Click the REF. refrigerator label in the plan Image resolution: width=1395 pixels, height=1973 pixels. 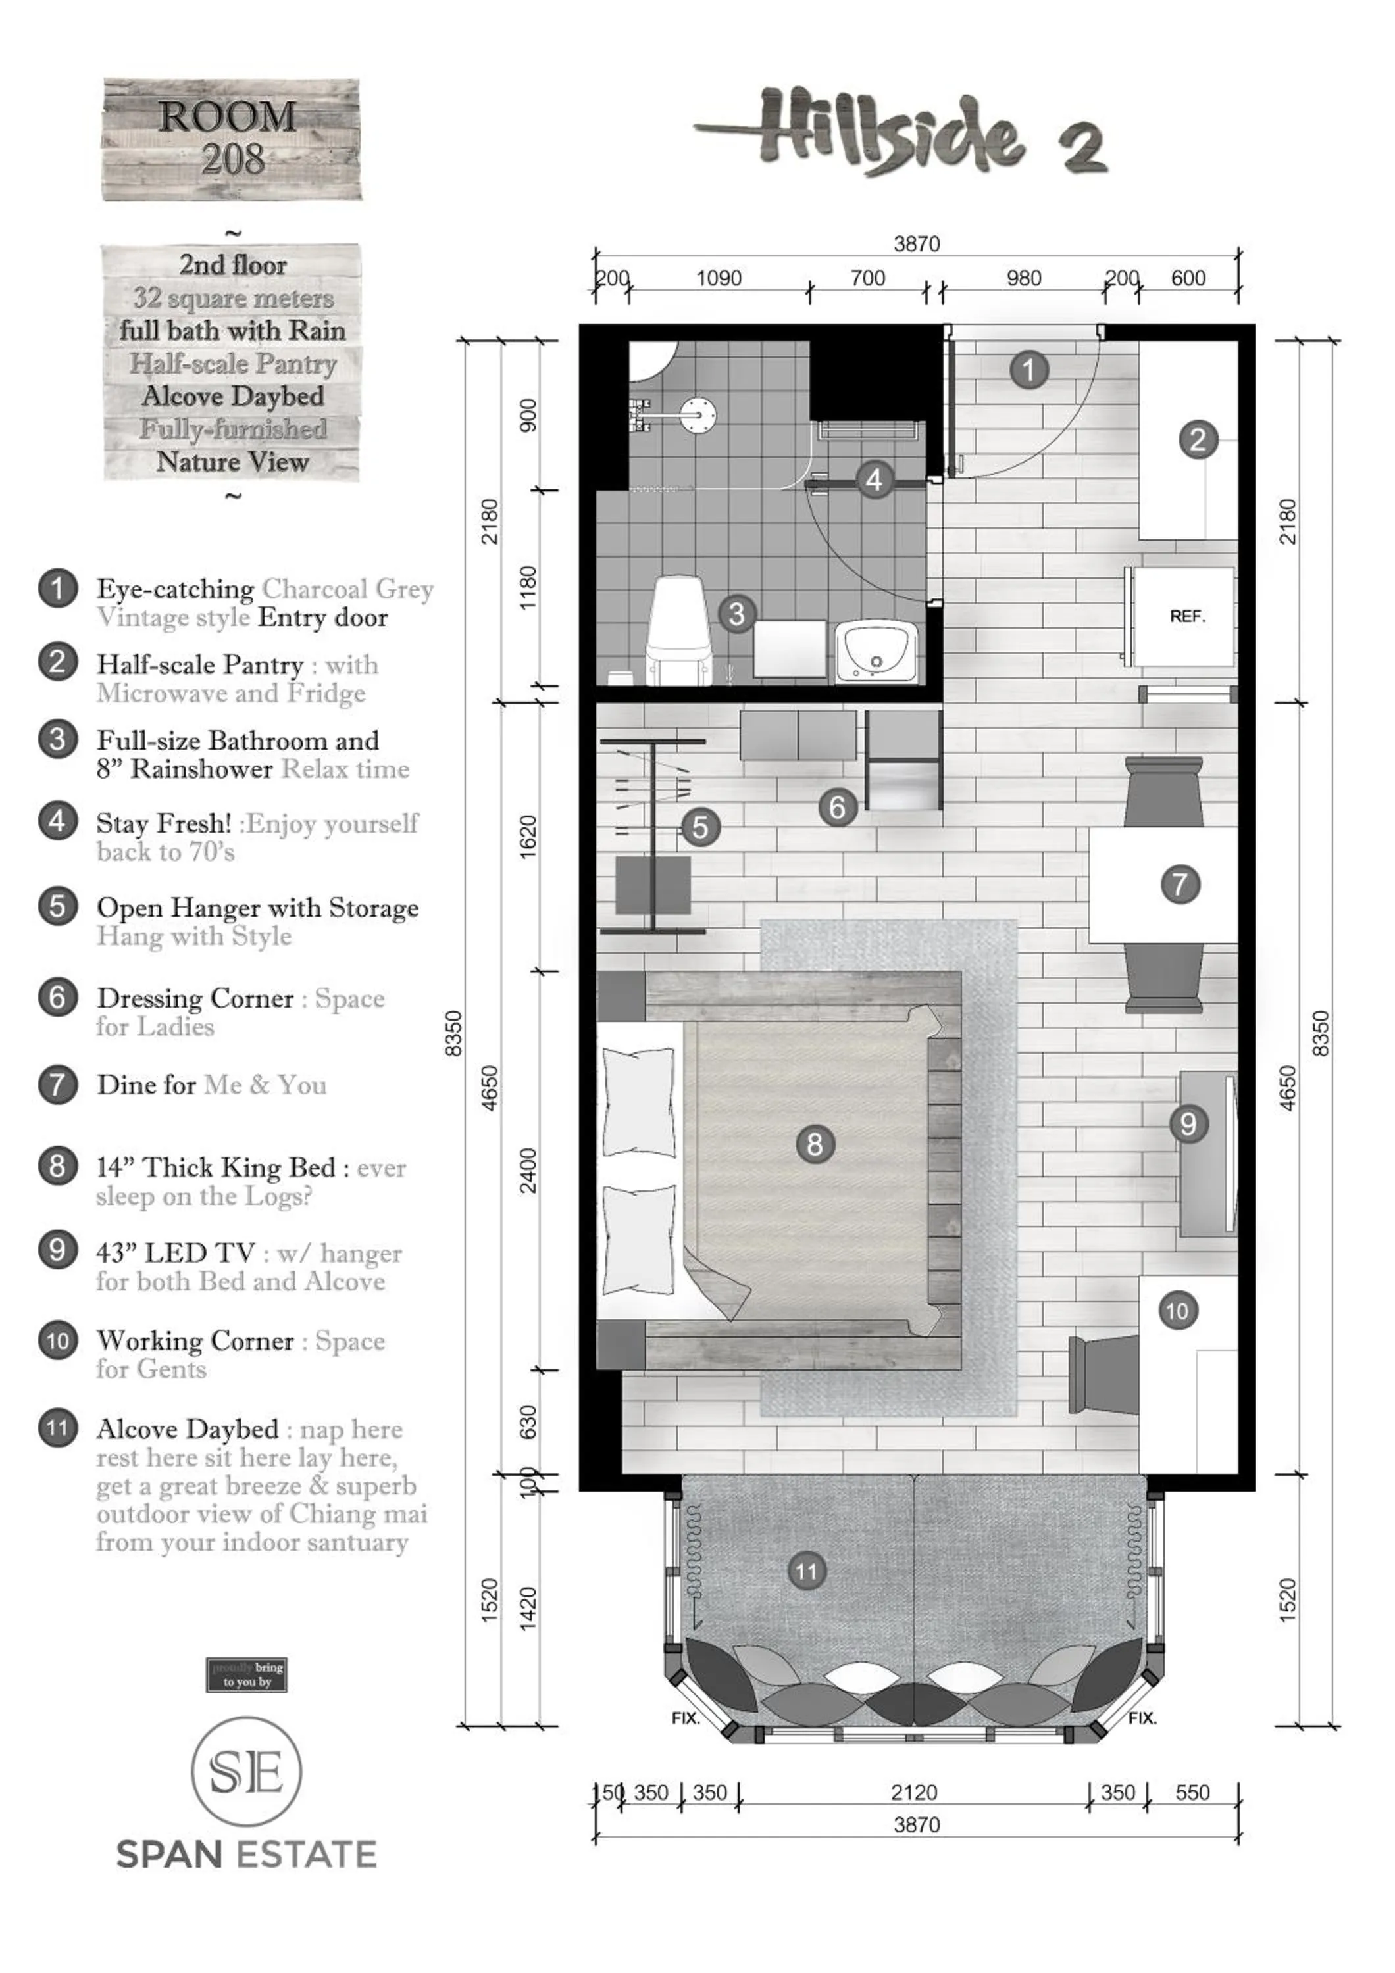(x=1187, y=616)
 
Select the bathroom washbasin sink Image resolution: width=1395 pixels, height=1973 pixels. (x=875, y=651)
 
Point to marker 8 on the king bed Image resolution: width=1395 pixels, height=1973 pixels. (x=814, y=1144)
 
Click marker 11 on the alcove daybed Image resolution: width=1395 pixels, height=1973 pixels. (x=805, y=1572)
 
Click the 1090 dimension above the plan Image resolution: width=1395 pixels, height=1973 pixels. (x=719, y=278)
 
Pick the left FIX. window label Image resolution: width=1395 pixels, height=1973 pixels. (x=685, y=1718)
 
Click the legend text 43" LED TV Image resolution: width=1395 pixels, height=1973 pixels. (x=176, y=1253)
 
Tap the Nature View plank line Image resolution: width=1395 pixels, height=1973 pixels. (x=232, y=462)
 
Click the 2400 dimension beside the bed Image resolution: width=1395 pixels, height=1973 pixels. (x=528, y=1171)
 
